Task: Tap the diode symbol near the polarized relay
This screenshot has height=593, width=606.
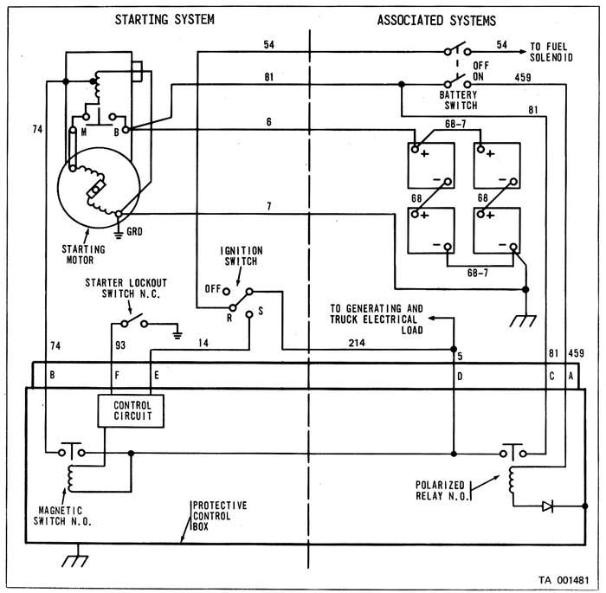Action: point(547,506)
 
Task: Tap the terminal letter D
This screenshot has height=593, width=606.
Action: point(461,376)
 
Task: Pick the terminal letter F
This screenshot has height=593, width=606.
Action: point(117,376)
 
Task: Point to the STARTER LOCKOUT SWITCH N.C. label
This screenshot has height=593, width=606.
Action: point(126,287)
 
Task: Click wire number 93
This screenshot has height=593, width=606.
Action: point(119,345)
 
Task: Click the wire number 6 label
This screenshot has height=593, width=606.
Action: point(268,122)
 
